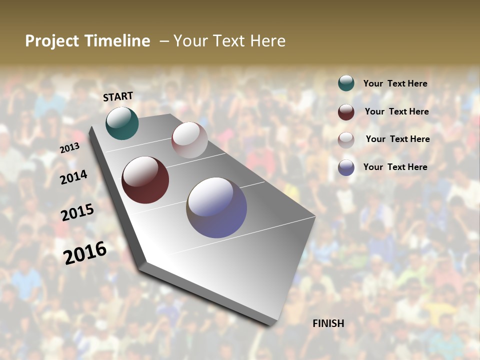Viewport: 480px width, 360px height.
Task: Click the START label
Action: pos(118,96)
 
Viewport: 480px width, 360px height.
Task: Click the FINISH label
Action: pos(328,323)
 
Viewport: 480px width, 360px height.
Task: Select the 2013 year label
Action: pos(69,148)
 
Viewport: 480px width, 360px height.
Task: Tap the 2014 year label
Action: pos(73,177)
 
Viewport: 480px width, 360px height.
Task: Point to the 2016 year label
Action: pos(85,253)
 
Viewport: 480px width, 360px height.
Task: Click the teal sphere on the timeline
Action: pos(122,123)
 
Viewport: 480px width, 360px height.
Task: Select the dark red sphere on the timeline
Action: pos(145,180)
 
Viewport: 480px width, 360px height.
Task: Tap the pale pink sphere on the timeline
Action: pos(189,140)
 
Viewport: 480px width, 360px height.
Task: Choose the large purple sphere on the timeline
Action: pos(216,207)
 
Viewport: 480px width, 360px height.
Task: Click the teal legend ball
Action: pos(346,83)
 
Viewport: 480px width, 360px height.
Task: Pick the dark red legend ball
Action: pos(346,112)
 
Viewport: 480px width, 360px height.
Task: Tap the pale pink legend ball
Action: pos(346,140)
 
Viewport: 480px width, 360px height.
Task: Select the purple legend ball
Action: pos(346,167)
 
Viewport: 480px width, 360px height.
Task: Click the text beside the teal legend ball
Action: pos(395,84)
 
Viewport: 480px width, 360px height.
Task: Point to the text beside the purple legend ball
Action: pos(395,167)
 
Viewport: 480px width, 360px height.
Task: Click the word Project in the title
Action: pos(52,41)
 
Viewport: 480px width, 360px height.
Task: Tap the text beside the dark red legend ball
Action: pos(396,111)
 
